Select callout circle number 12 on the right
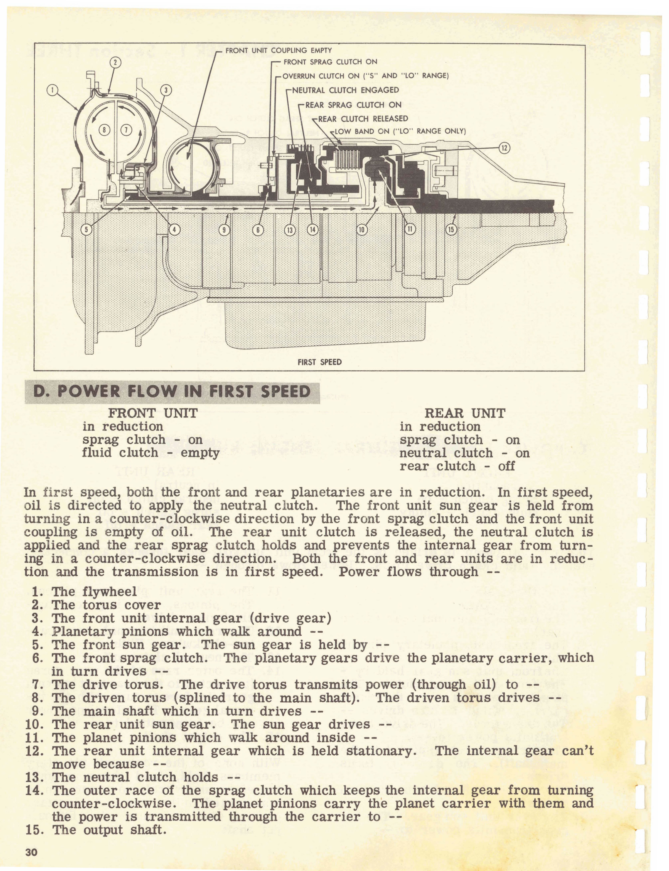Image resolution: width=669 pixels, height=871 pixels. coord(504,148)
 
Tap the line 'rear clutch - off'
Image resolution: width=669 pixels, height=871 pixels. coord(457,466)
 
